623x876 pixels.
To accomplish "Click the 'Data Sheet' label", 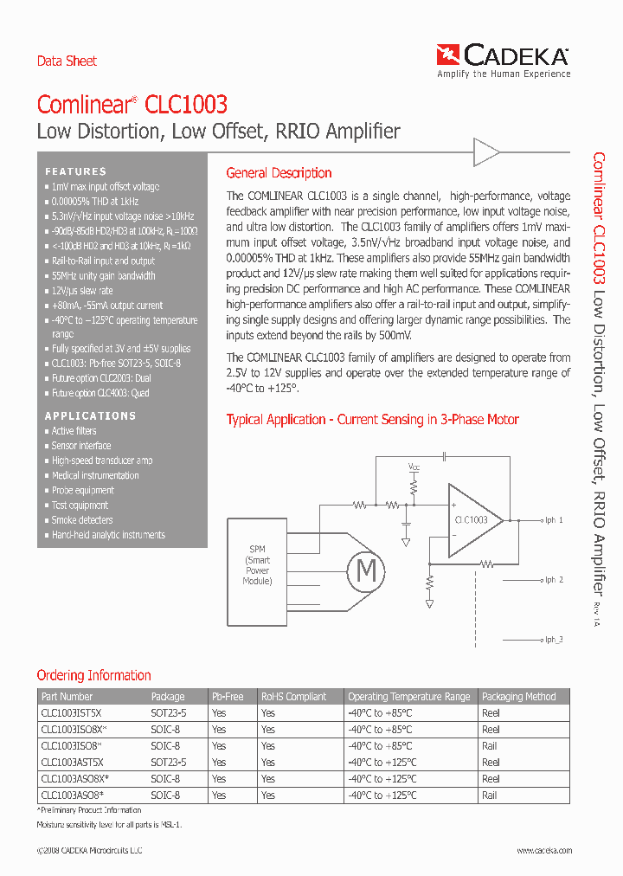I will tap(67, 61).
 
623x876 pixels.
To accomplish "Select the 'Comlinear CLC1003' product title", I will tap(132, 105).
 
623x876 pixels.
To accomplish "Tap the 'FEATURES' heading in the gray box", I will tap(76, 171).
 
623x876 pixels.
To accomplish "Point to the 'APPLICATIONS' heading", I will tap(90, 415).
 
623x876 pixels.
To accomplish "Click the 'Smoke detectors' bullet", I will tap(82, 520).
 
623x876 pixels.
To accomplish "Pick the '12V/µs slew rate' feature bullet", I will tap(81, 291).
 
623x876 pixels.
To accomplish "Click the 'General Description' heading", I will tap(279, 173).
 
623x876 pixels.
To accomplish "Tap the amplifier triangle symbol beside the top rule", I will tap(486, 153).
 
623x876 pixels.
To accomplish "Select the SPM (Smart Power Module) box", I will tap(258, 565).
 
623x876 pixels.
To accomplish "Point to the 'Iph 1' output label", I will tap(553, 520).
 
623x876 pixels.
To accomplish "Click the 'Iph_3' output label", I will tap(553, 640).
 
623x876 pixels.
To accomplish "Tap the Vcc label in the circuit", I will tap(414, 467).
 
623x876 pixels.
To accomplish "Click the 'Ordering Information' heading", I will tap(93, 675).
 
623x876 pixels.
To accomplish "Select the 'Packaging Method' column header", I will tap(518, 697).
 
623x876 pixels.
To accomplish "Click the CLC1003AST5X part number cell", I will tap(72, 763).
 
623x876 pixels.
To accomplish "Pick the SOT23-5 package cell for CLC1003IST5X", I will tap(169, 713).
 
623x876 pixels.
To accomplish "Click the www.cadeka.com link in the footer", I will tap(544, 851).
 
